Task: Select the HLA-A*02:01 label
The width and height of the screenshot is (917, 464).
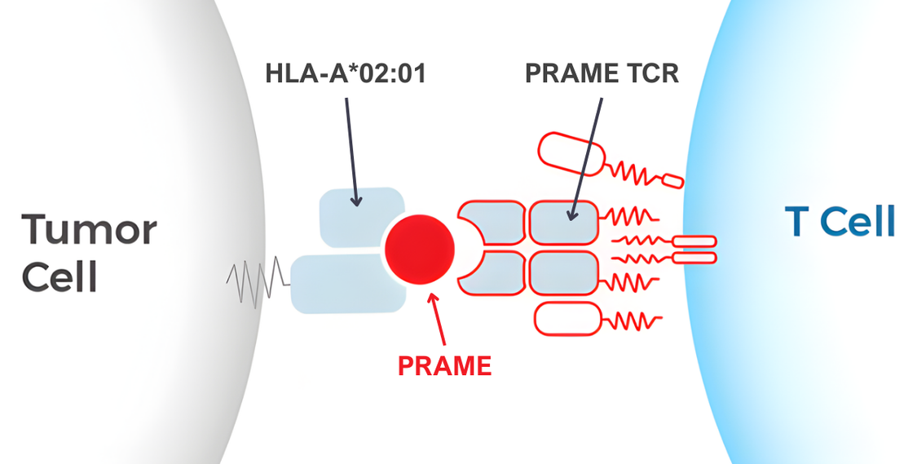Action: (346, 74)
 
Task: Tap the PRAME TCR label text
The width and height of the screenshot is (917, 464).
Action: (602, 74)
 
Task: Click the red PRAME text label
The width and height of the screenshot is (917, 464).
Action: (444, 366)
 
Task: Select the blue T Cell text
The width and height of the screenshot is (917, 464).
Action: (840, 221)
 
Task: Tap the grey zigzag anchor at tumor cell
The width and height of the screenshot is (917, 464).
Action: (257, 283)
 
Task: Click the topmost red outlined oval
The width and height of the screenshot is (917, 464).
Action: (571, 152)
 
